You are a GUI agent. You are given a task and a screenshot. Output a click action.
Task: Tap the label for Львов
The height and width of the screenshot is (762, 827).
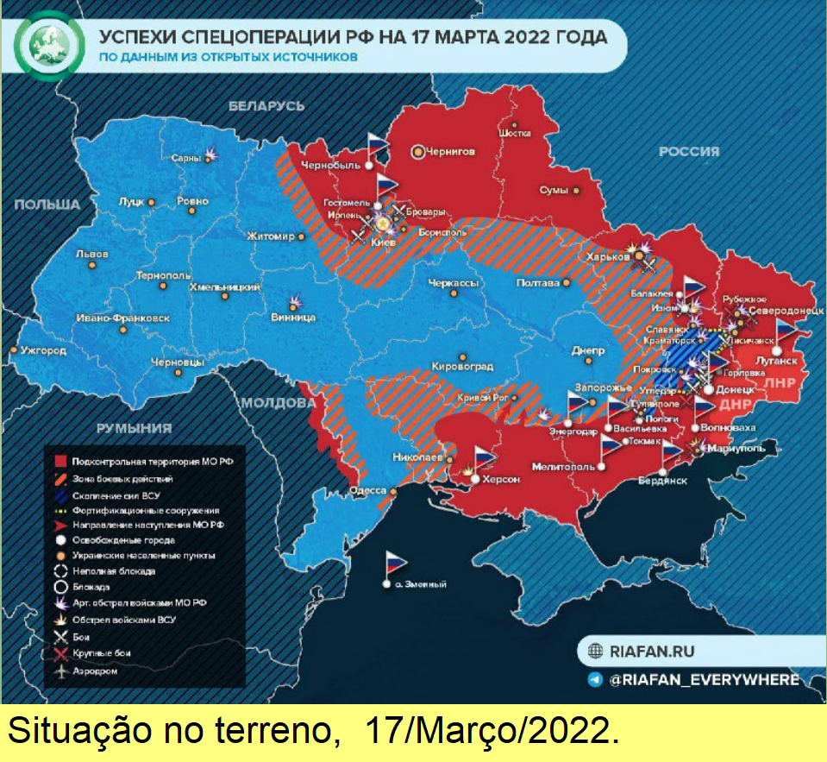91,255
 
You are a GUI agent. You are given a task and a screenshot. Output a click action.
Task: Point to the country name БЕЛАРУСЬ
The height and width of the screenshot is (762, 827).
266,105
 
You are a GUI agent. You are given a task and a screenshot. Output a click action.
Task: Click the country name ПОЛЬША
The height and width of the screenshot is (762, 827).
46,205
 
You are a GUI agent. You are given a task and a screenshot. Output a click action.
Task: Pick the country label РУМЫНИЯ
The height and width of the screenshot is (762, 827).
133,427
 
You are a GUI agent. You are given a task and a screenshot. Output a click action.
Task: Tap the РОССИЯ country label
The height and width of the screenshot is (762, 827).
689,152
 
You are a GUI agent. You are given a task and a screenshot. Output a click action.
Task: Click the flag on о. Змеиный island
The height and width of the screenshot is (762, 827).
394,562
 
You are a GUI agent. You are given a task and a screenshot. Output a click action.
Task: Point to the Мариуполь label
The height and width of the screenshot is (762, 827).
735,448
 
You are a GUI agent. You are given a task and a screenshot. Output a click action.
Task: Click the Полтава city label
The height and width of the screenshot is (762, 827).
538,282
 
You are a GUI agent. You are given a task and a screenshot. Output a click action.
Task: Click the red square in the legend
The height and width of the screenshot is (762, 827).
60,462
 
